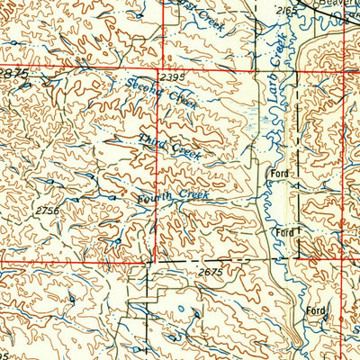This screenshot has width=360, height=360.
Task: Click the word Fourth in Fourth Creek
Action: [152, 197]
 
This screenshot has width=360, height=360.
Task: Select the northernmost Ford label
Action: [278, 171]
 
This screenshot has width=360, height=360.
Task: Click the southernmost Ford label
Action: [315, 310]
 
